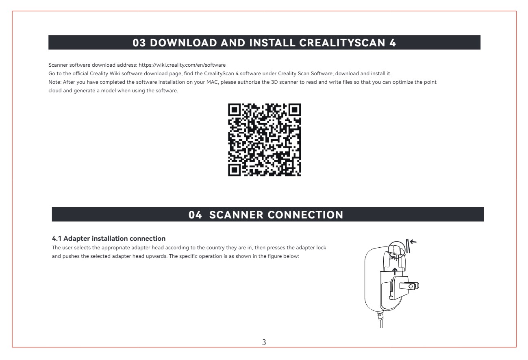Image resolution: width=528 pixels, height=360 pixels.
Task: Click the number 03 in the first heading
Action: tap(139, 43)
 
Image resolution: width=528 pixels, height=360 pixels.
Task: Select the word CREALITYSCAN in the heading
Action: tap(342, 43)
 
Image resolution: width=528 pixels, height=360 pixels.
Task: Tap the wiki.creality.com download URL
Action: tap(182, 65)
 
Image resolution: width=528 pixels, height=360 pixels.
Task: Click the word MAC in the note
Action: tap(212, 82)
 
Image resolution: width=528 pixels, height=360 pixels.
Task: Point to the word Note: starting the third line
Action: tap(55, 82)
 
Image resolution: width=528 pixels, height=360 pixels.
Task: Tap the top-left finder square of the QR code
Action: tap(234, 110)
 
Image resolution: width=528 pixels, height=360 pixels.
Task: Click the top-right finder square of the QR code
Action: tap(295, 110)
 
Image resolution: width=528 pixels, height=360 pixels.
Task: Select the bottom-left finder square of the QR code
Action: tap(234, 170)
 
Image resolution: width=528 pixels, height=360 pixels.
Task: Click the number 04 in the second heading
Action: tap(195, 215)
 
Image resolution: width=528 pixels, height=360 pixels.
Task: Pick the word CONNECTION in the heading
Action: tap(305, 215)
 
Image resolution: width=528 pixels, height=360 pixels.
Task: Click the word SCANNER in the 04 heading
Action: tap(236, 215)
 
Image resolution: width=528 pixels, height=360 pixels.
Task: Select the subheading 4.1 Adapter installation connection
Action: tap(109, 238)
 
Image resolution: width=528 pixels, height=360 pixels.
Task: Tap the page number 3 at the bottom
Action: tap(264, 342)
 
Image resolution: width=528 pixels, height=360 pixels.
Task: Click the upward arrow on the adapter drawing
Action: tap(395, 271)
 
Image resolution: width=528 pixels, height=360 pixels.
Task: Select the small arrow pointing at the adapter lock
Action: tap(413, 242)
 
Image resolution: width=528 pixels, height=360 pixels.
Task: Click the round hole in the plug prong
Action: tap(411, 286)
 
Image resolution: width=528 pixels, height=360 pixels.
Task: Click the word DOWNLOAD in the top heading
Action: tap(183, 43)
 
